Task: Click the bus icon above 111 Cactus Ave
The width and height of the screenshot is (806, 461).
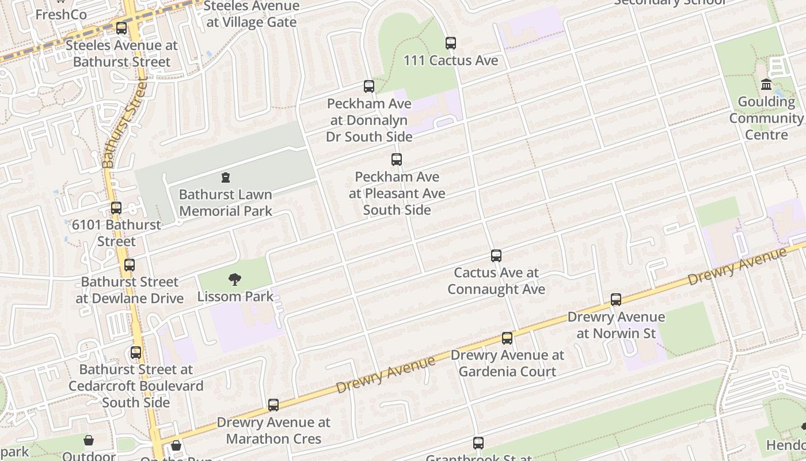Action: tap(451, 43)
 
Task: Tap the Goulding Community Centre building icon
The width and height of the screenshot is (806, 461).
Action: tap(766, 85)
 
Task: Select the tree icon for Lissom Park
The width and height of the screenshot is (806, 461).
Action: tap(234, 280)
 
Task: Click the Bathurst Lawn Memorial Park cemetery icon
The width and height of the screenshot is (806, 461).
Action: tap(226, 177)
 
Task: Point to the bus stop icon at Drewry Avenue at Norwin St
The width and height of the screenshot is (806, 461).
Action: tap(616, 300)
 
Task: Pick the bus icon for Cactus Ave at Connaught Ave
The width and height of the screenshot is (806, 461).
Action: tap(496, 255)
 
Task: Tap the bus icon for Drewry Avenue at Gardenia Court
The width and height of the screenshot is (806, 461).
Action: tap(507, 338)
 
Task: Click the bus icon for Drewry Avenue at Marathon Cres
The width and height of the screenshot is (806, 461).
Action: tap(273, 405)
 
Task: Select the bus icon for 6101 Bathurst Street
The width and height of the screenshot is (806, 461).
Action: tap(116, 208)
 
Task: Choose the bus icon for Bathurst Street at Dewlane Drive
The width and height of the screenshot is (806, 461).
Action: tap(130, 265)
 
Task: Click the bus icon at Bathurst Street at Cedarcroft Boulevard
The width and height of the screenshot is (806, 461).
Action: tap(136, 352)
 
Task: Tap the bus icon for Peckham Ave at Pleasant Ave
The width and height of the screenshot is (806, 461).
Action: tap(397, 160)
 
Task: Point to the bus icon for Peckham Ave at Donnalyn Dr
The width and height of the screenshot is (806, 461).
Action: tap(369, 86)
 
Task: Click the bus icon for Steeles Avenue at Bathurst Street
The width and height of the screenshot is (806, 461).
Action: tap(121, 28)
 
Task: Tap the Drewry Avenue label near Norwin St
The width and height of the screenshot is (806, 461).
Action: tap(736, 266)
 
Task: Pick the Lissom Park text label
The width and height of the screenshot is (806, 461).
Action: tap(235, 297)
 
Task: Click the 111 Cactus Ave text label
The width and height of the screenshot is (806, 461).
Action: tap(451, 61)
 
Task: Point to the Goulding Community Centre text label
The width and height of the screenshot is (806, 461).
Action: tap(766, 118)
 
